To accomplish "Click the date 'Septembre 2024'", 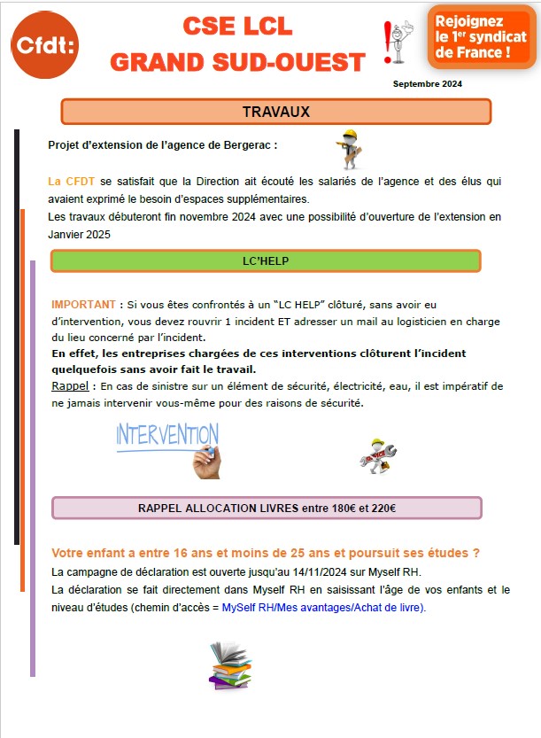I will pyautogui.click(x=428, y=84).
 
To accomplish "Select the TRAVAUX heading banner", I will pyautogui.click(x=275, y=112).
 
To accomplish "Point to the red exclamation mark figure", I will pyautogui.click(x=396, y=43).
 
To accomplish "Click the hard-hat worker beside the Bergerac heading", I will pyautogui.click(x=347, y=150).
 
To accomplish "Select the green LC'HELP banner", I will pyautogui.click(x=266, y=260).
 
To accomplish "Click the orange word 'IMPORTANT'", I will pyautogui.click(x=83, y=304).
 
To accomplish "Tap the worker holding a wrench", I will pyautogui.click(x=377, y=454).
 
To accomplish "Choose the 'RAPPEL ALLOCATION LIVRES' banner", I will pyautogui.click(x=267, y=508).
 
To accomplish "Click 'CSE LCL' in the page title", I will pyautogui.click(x=237, y=27).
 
